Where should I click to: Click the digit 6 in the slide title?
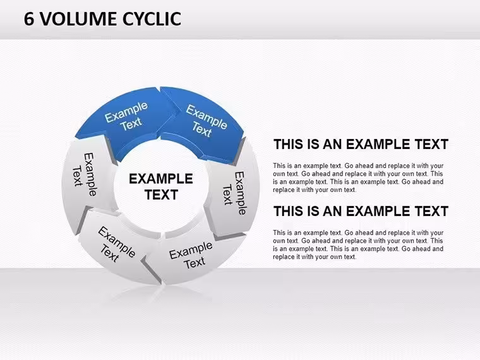click(x=29, y=19)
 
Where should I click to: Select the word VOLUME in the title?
click(x=79, y=19)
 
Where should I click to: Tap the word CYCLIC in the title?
click(x=152, y=19)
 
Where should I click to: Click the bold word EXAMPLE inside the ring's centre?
click(x=160, y=179)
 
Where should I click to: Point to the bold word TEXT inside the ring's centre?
click(x=161, y=195)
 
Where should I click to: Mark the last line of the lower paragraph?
click(x=315, y=257)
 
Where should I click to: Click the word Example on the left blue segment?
click(x=126, y=112)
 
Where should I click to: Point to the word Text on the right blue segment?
click(x=201, y=129)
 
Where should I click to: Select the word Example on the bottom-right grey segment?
click(x=191, y=250)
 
